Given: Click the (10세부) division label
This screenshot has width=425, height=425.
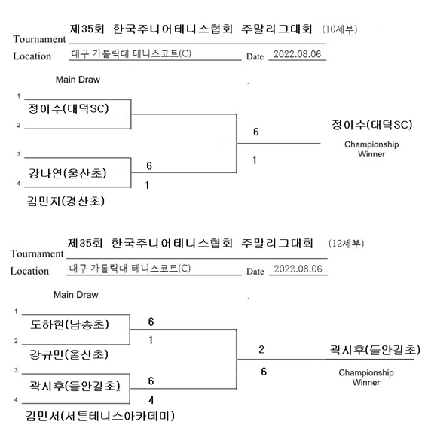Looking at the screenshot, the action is (339, 29).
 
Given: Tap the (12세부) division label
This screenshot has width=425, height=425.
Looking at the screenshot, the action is (346, 244).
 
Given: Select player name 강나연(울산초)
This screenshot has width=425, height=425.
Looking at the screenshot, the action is (67, 173).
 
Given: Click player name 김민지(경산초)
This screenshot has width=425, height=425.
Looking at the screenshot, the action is (66, 201).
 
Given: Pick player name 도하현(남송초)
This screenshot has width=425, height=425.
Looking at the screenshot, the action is (69, 324).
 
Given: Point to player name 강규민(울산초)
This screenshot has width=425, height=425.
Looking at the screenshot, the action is (69, 354).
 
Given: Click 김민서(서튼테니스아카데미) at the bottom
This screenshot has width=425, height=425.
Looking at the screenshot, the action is (100, 416).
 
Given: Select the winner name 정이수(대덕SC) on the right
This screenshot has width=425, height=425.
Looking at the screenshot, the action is (372, 125).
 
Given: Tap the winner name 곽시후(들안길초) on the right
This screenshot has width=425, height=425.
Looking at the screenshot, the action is (375, 350).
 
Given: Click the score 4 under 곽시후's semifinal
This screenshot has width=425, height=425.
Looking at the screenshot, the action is (151, 400).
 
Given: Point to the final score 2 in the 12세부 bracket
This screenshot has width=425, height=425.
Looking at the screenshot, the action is (261, 349).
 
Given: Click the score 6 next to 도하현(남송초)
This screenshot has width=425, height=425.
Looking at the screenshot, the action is (151, 322).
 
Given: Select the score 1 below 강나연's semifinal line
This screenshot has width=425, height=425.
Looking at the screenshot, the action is (147, 185).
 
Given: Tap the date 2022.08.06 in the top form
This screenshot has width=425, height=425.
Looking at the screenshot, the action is (298, 54).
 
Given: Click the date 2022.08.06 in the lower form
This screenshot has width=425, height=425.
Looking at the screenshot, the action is (298, 269).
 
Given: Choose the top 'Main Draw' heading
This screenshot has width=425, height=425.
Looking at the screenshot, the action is (78, 80).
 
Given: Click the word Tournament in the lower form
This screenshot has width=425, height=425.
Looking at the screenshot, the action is (37, 254).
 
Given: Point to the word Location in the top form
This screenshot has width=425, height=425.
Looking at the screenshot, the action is (32, 56).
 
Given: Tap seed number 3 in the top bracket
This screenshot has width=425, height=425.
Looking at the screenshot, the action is (19, 154).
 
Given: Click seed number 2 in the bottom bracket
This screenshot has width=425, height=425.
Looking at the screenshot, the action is (16, 341).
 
